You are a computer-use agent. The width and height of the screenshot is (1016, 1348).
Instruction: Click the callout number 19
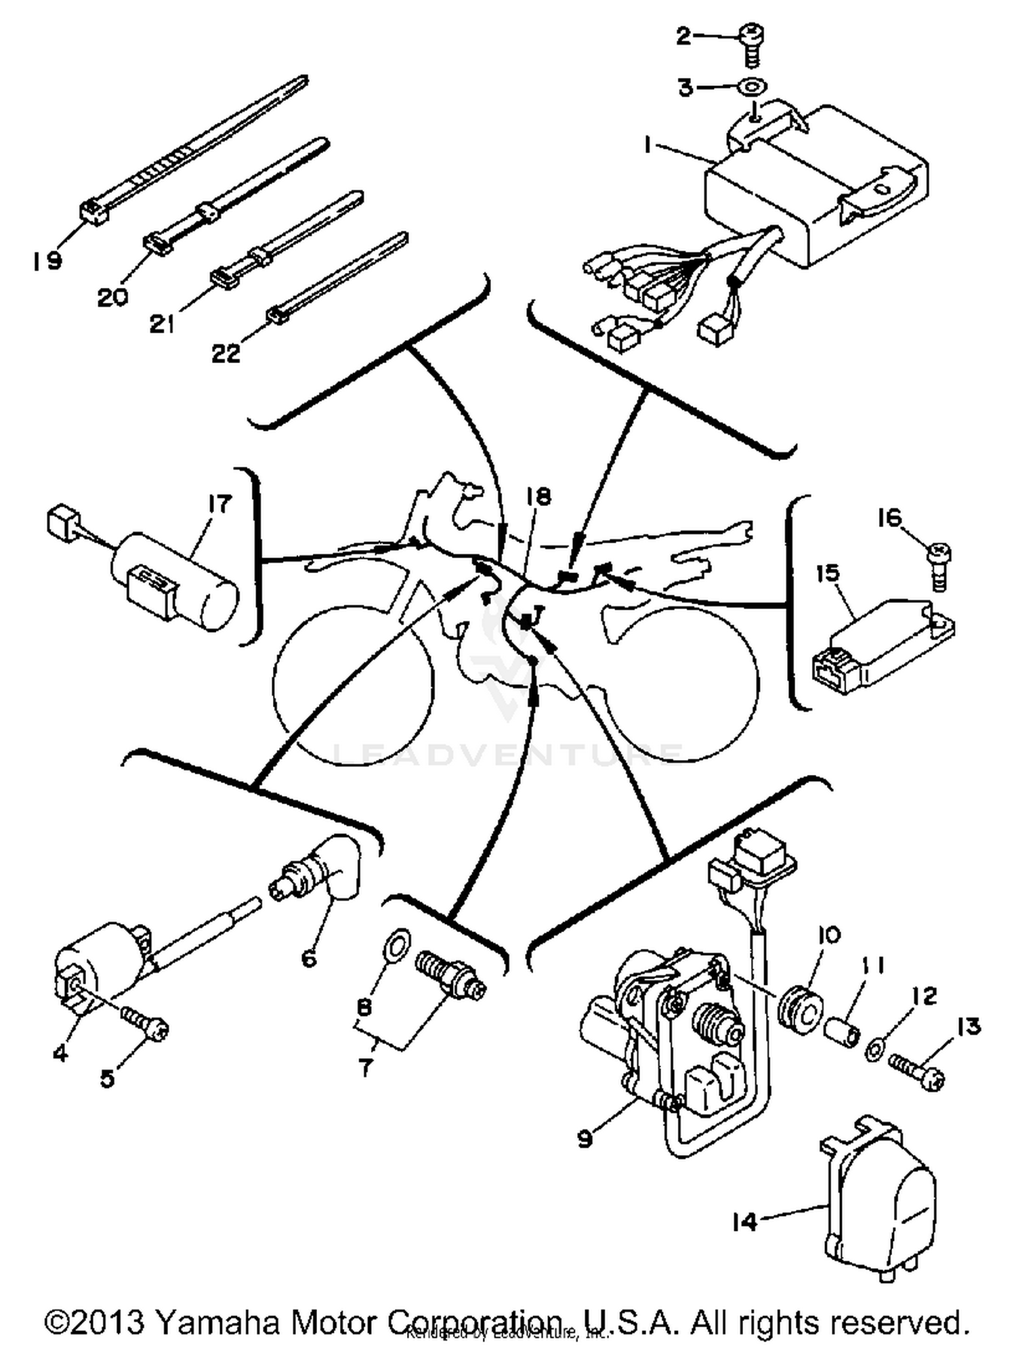[47, 261]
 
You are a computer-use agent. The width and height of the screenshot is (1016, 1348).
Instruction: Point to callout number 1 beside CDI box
[648, 145]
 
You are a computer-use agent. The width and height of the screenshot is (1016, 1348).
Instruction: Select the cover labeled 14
[881, 1198]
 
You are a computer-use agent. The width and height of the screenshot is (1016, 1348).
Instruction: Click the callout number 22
[226, 353]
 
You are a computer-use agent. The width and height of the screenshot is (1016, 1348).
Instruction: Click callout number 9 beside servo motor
[585, 1139]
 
